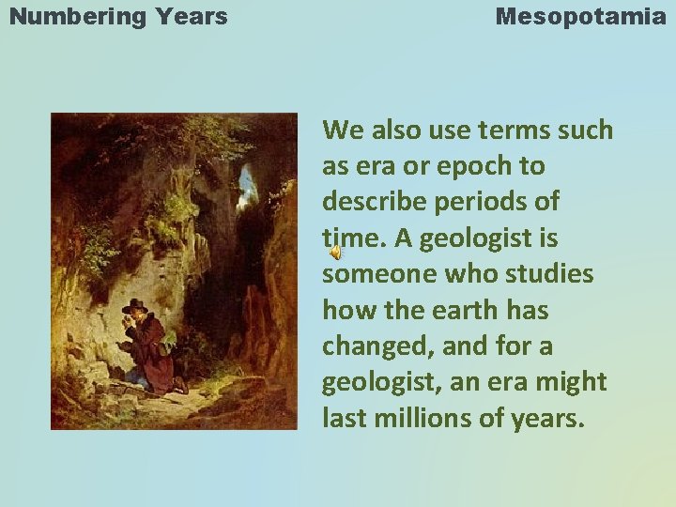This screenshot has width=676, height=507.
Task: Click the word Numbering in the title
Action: click(71, 16)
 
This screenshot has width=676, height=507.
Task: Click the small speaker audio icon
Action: click(334, 253)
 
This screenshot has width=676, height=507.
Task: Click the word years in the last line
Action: click(544, 418)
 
